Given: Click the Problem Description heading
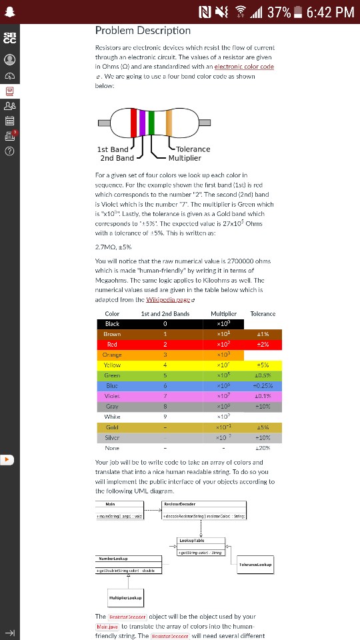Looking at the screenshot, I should tap(143, 31).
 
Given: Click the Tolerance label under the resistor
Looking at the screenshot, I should tap(193, 149).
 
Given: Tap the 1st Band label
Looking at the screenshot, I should tap(113, 149).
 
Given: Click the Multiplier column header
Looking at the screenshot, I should tap(223, 313).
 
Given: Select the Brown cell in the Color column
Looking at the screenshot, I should tap(112, 333).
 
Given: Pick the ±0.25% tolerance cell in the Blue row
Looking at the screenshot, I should tap(263, 385).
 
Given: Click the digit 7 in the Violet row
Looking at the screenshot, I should tap(164, 396).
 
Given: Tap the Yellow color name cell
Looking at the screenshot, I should tap(112, 365).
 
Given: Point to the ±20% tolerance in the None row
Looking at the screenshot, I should tap(263, 448).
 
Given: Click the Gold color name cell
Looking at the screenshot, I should tap(112, 427).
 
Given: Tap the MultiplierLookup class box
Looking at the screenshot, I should tap(125, 597).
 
